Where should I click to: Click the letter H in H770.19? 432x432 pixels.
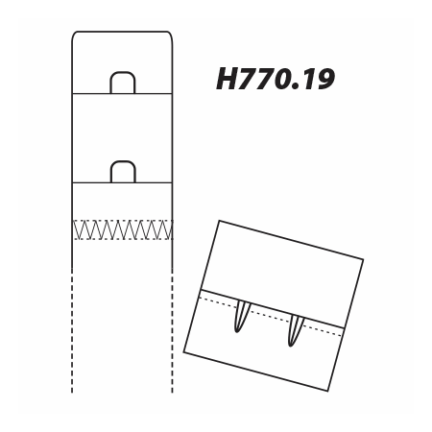[228, 79]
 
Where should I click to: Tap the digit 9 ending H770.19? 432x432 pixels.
[324, 79]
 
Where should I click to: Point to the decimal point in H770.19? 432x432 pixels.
[295, 86]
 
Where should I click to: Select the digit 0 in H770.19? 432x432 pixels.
[281, 79]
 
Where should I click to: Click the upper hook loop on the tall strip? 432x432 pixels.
[123, 72]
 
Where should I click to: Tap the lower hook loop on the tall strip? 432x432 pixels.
[123, 161]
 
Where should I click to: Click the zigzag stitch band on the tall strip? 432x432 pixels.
[123, 229]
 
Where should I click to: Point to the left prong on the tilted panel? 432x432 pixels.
[241, 317]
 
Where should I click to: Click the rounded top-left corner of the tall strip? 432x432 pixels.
[74, 34]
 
